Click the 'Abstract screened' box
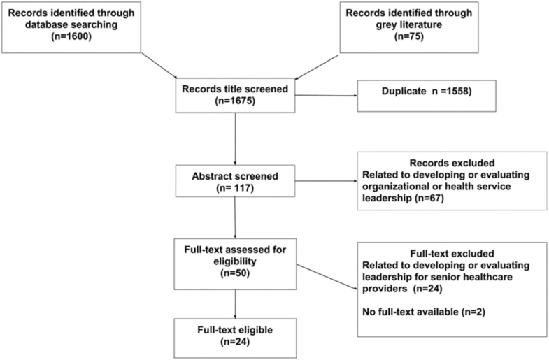[x=236, y=182]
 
